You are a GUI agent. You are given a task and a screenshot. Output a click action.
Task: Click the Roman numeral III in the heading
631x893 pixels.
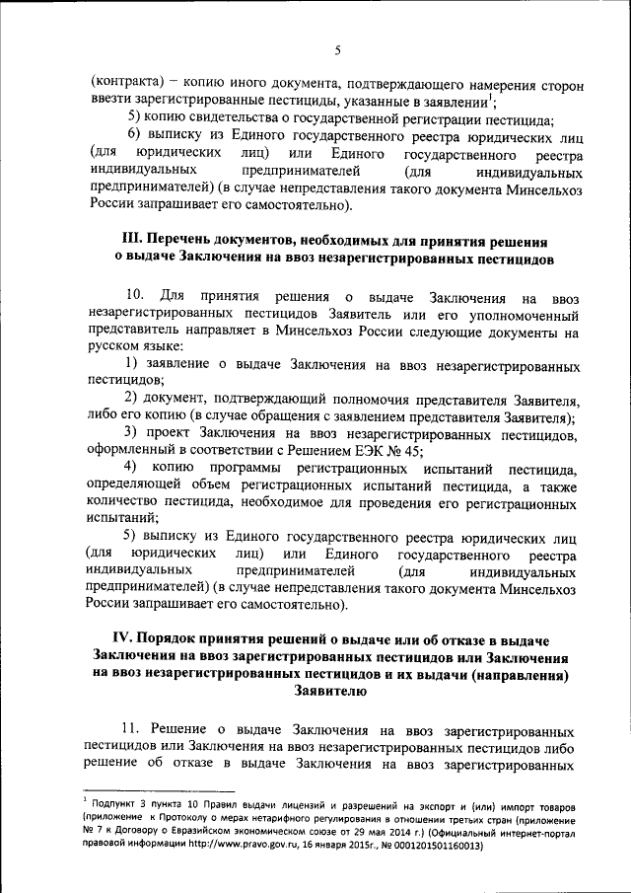[132, 241]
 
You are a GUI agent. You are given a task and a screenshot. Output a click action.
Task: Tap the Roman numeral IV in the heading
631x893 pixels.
[118, 640]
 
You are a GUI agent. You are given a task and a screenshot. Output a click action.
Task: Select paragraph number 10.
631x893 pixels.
[137, 297]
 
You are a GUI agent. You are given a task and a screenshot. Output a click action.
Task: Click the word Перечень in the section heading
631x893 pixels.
[192, 241]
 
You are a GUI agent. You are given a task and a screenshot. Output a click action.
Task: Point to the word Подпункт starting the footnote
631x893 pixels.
[113, 807]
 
